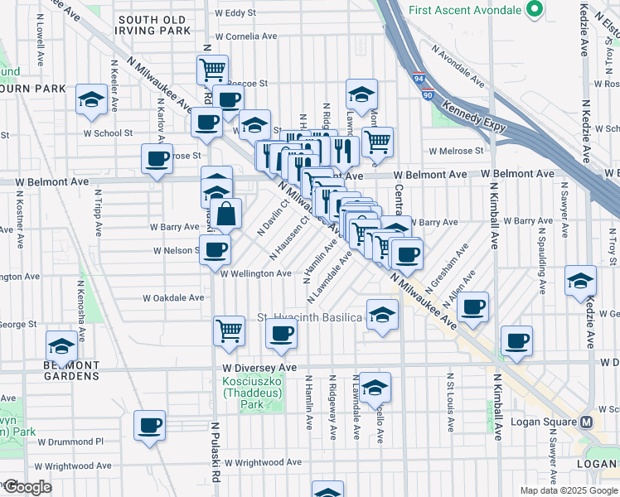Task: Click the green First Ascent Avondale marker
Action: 535,11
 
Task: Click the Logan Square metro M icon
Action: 587,422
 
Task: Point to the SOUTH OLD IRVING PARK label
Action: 154,25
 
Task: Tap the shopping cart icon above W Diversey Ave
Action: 229,331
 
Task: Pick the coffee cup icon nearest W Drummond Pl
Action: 150,426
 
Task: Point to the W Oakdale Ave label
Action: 173,298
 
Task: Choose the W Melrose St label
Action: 456,151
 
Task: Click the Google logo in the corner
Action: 28,487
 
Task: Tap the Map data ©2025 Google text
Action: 568,490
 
